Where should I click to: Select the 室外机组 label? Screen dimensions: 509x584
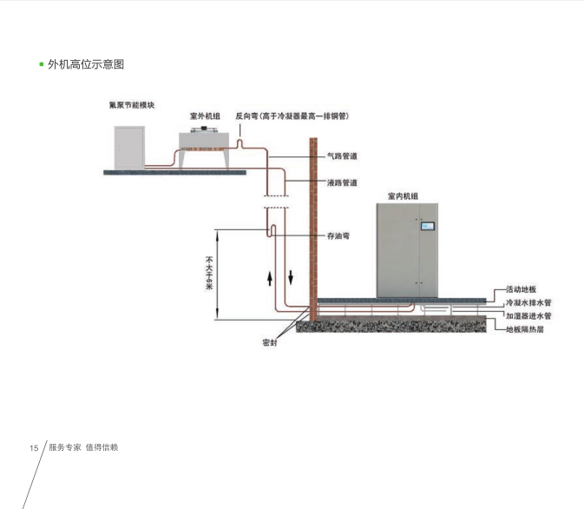click(x=205, y=115)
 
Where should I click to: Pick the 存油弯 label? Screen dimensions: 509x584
click(x=338, y=235)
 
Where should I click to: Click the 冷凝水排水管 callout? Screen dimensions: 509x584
click(x=528, y=302)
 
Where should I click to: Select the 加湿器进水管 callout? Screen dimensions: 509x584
click(x=528, y=316)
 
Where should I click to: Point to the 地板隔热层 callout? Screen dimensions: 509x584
click(x=525, y=330)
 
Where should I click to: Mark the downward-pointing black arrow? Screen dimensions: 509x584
click(x=291, y=278)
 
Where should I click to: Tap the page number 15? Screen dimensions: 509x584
click(x=34, y=448)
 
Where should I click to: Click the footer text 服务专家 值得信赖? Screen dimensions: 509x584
click(x=83, y=447)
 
